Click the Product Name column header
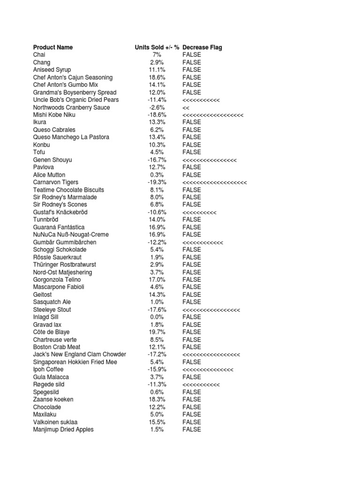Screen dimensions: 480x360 tap(53, 47)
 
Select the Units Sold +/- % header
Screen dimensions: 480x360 tap(157, 47)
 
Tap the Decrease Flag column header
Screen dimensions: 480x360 tap(202, 47)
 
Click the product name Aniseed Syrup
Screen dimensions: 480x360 tap(52, 70)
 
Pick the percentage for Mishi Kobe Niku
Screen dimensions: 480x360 tap(157, 115)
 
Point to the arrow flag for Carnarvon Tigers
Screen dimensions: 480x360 tap(214, 182)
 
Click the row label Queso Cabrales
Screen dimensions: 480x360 tap(54, 130)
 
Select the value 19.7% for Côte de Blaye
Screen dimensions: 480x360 tap(157, 332)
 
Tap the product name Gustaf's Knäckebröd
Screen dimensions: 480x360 tap(60, 212)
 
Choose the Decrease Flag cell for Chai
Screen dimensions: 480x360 tap(191, 55)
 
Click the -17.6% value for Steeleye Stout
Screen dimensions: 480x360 tap(157, 310)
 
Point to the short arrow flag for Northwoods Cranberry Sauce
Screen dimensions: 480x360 tap(186, 107)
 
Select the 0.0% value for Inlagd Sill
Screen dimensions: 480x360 tap(157, 317)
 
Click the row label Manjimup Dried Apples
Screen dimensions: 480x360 tap(63, 429)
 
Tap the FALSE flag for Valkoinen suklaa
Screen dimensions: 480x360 tap(191, 422)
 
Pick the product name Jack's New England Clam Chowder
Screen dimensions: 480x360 tap(80, 354)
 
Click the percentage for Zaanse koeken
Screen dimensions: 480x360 tap(157, 399)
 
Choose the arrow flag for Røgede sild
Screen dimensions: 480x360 tap(201, 384)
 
